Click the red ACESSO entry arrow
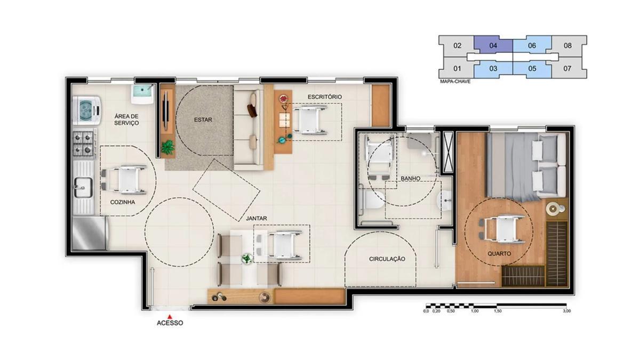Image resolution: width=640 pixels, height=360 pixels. (170, 317)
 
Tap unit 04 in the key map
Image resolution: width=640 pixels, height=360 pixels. (493, 45)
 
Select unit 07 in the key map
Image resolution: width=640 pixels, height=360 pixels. (567, 68)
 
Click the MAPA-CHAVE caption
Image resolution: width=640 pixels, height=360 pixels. (455, 82)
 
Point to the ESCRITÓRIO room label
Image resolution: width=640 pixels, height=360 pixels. (325, 97)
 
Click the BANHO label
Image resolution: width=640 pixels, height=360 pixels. (410, 179)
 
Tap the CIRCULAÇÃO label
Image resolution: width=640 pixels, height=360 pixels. (387, 259)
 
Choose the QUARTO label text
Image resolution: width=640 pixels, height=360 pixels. (499, 253)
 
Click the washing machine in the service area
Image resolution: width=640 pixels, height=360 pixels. (87, 110)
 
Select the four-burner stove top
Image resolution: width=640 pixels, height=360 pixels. (84, 143)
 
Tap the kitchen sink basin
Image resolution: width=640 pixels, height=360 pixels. (83, 187)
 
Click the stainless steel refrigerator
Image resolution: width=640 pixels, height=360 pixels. (89, 234)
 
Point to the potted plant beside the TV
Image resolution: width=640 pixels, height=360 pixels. (167, 147)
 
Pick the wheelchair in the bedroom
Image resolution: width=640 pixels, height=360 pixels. (502, 229)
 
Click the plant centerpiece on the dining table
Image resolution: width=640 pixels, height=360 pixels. (246, 259)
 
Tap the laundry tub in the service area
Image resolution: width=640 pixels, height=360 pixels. (142, 94)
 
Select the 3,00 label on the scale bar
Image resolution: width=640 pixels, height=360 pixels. (567, 311)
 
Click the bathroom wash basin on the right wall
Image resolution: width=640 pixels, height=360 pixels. (444, 199)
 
